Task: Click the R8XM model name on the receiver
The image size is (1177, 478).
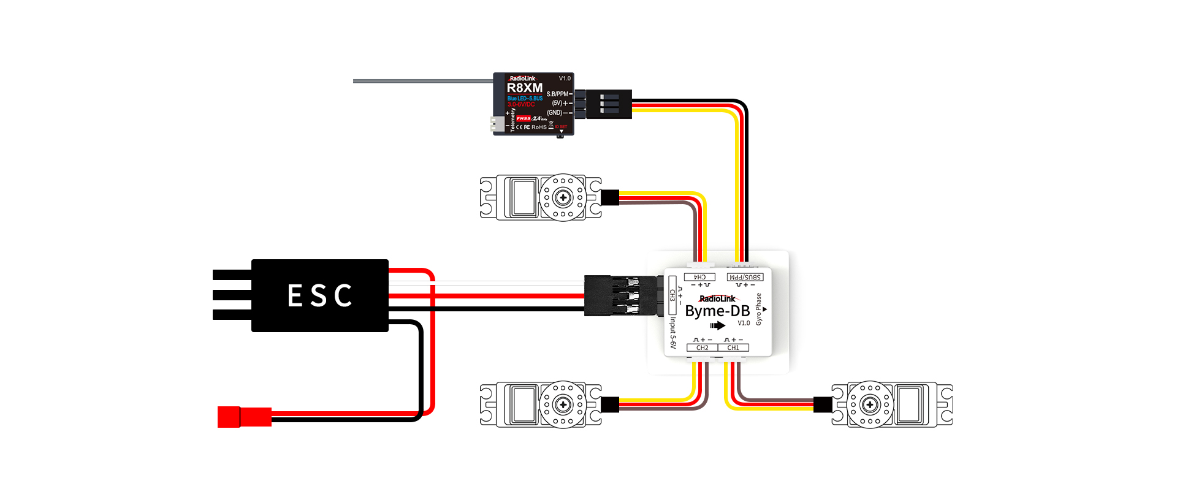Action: (x=524, y=88)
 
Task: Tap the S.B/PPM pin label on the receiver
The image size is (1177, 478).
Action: (x=557, y=94)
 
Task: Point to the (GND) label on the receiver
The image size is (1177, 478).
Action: (x=554, y=113)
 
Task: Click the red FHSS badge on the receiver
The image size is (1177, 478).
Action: (x=524, y=118)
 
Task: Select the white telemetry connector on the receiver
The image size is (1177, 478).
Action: (x=497, y=124)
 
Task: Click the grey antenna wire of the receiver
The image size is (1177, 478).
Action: (x=423, y=81)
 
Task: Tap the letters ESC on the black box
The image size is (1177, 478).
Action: (x=320, y=295)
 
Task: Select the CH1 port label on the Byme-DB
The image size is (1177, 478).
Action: (x=733, y=347)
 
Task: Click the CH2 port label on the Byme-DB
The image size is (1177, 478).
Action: (x=703, y=347)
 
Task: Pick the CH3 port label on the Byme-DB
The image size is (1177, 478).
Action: (x=672, y=295)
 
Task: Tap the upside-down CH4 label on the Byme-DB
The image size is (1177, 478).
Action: (x=699, y=277)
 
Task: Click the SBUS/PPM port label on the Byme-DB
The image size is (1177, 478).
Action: (x=745, y=277)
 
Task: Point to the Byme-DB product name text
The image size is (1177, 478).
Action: (x=717, y=311)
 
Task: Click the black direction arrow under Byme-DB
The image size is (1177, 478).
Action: (x=717, y=325)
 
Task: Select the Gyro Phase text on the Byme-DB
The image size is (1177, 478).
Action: (x=758, y=309)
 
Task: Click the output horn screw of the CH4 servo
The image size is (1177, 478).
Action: (x=563, y=197)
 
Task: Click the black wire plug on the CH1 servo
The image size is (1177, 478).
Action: (x=823, y=404)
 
